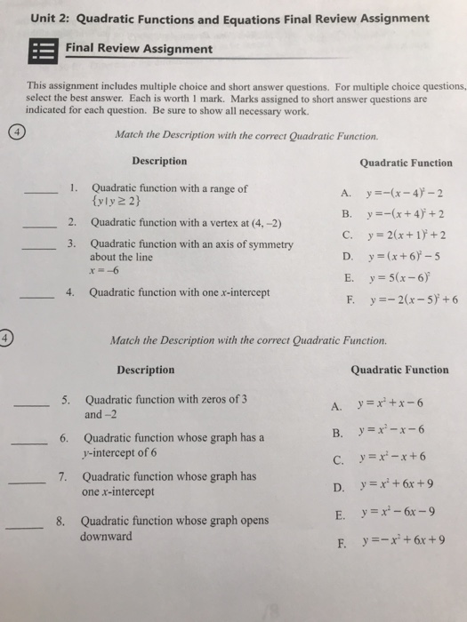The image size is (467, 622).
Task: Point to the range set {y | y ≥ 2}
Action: pyautogui.click(x=117, y=202)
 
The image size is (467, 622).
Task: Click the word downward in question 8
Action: pyautogui.click(x=106, y=538)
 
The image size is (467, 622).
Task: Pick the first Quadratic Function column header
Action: pyautogui.click(x=406, y=163)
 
